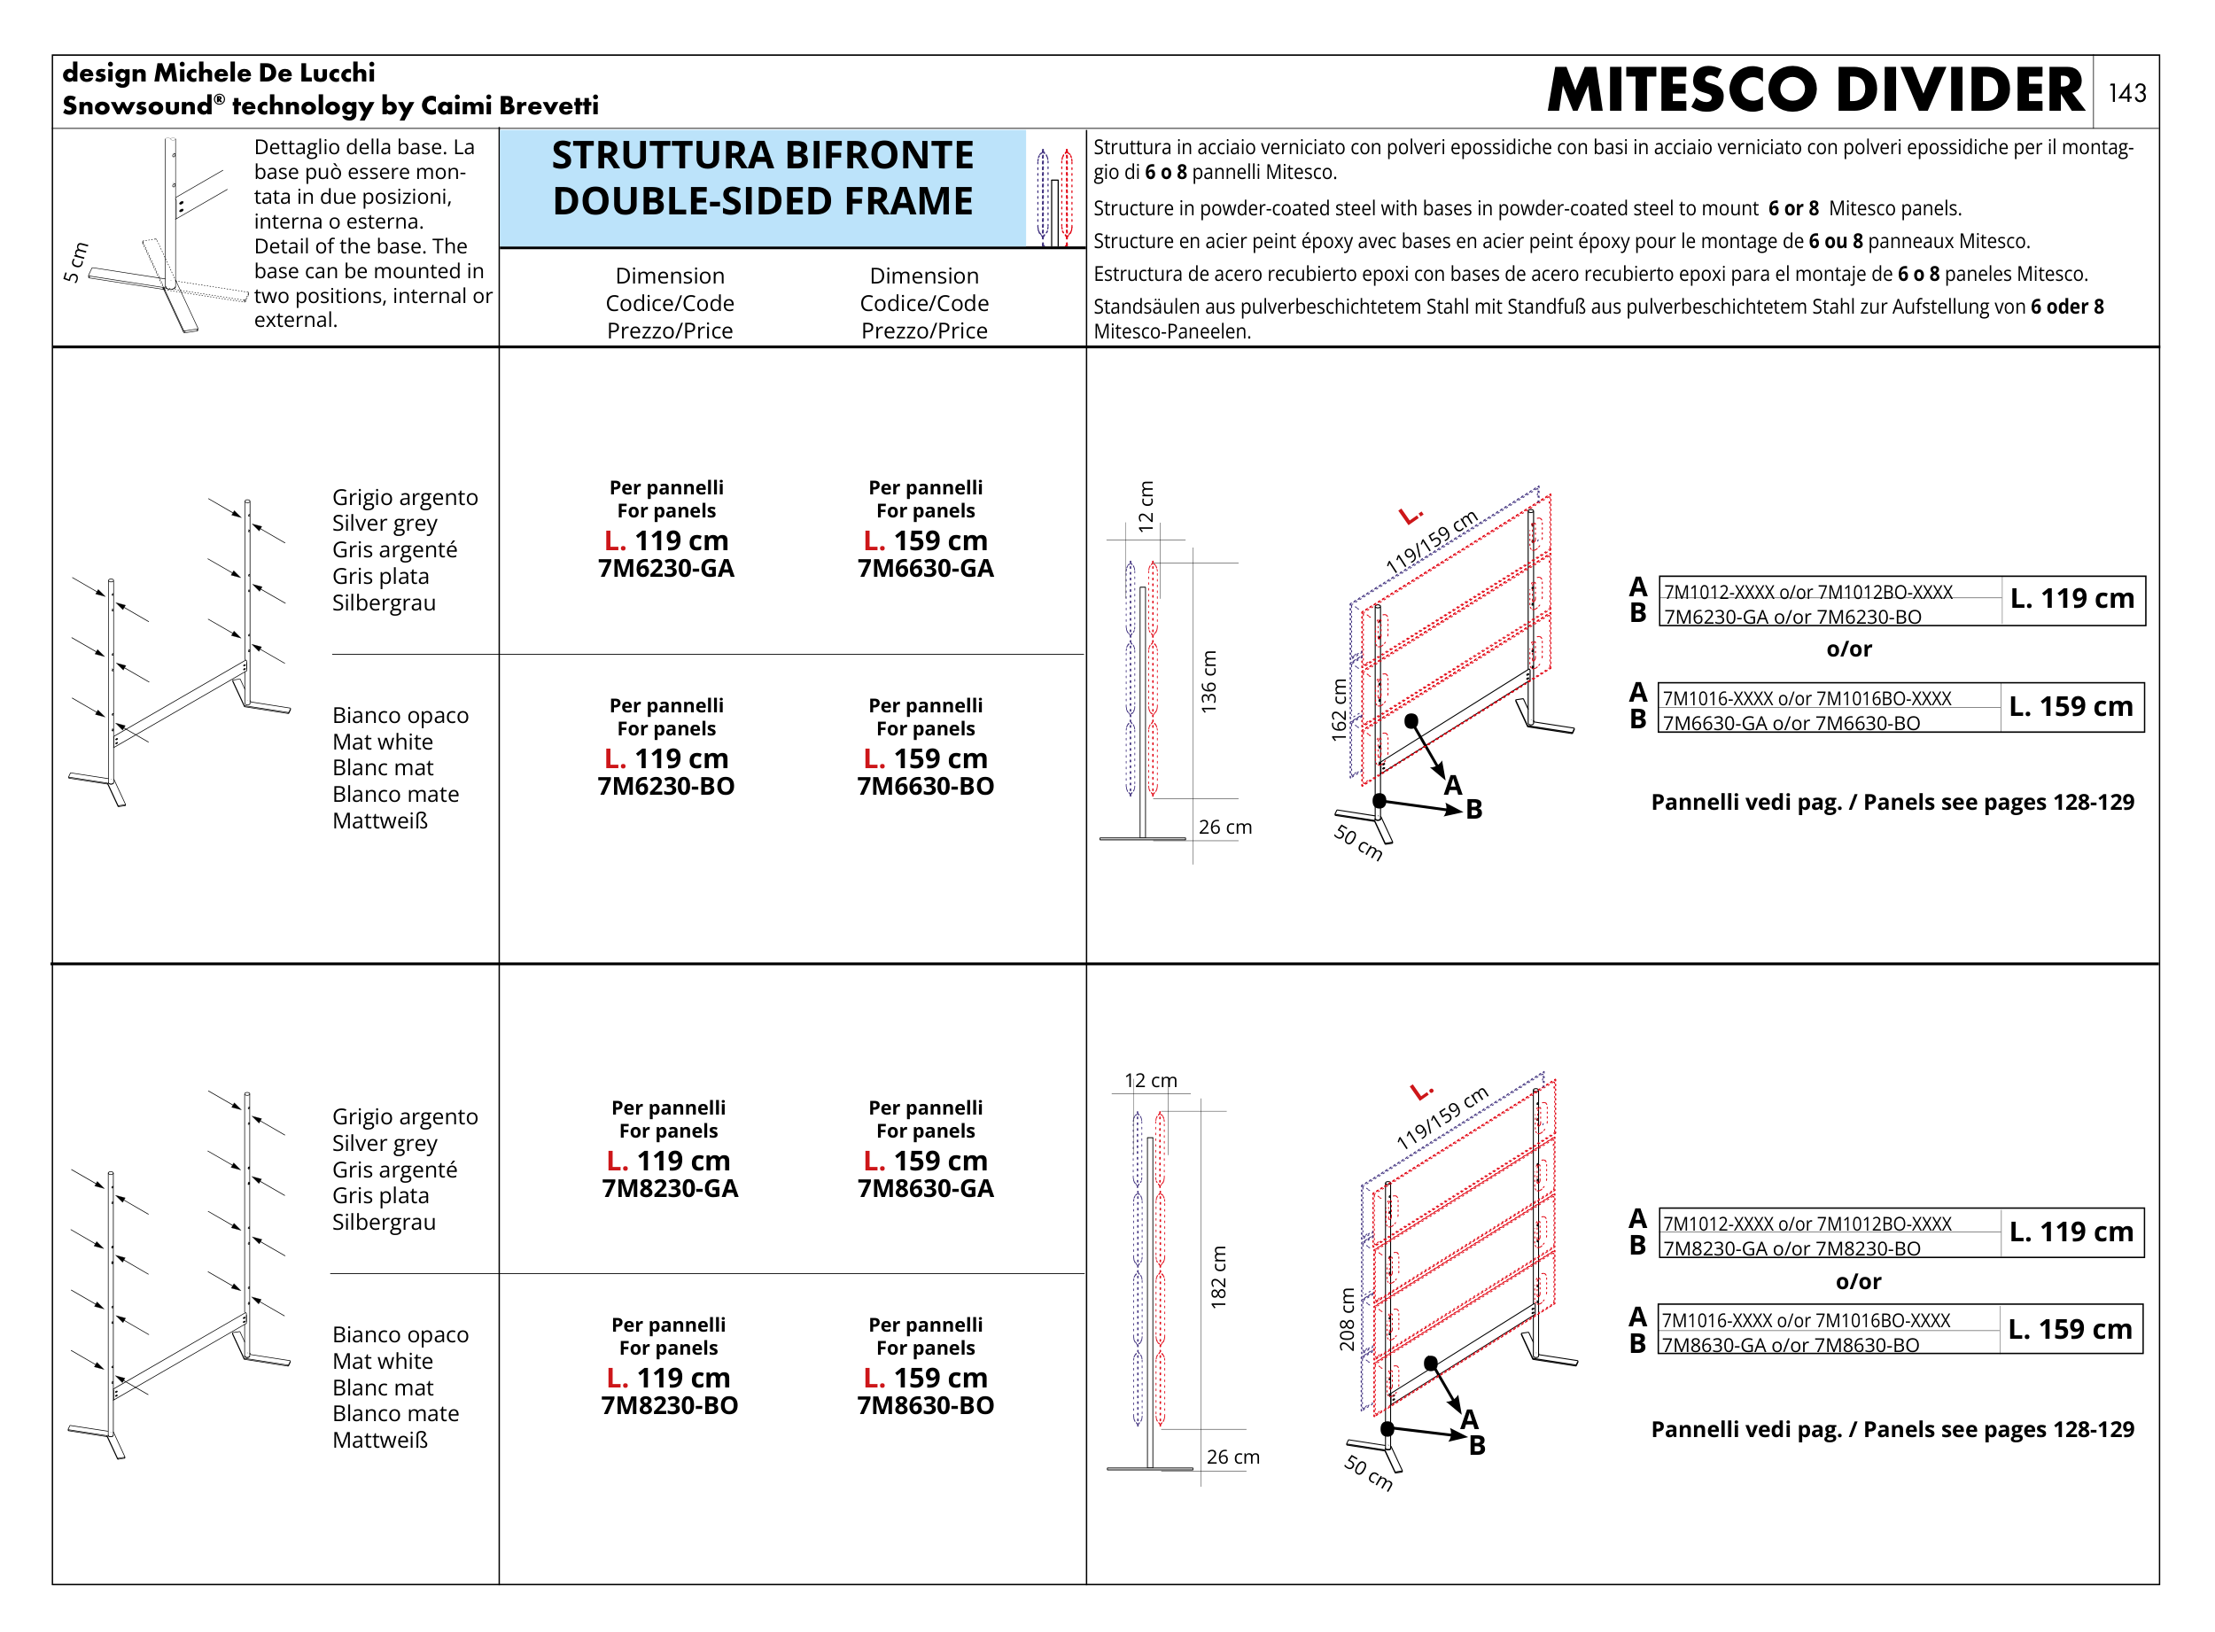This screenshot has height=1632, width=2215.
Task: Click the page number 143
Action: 2126,93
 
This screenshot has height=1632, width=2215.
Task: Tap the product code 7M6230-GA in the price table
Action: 666,568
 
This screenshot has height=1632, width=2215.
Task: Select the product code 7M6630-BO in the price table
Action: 925,787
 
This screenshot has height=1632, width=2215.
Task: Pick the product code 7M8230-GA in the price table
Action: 670,1188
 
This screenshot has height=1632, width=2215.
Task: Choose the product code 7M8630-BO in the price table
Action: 925,1406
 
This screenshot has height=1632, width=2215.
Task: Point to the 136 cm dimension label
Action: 1209,681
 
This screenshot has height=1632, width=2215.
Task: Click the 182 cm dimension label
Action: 1218,1278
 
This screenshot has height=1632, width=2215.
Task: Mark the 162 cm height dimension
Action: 1339,711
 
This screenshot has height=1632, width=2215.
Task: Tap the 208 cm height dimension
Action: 1347,1319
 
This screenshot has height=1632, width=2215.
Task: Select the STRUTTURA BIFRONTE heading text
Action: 763,155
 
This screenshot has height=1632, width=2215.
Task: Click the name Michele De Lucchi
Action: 265,74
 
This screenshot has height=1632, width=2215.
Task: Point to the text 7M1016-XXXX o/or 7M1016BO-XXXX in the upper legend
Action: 1807,698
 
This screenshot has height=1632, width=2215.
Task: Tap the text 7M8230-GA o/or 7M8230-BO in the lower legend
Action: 1792,1248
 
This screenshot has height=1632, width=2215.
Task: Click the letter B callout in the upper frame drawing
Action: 1474,810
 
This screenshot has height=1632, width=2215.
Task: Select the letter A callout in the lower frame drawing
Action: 1470,1419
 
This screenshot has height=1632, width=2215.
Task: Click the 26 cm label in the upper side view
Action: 1225,827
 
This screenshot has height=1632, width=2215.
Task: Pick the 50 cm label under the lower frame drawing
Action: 1368,1472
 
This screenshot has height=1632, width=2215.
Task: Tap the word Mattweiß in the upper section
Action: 380,821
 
